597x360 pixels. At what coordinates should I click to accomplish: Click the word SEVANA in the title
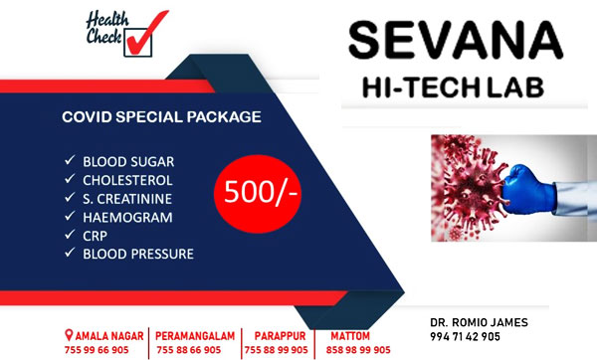pos(456,40)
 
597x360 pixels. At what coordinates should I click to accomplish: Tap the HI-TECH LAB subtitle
pos(453,88)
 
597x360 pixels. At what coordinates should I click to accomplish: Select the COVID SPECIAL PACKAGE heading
pos(161,116)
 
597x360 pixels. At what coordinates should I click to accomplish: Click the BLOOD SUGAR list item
pos(128,162)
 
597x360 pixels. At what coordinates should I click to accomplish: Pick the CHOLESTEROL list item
pos(127,180)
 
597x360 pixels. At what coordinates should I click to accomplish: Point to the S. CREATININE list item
pos(127,199)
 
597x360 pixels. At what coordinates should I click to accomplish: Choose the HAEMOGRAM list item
pos(127,218)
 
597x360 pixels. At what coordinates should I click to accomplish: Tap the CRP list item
pos(95,236)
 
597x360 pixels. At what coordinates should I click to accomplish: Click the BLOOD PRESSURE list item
pos(138,254)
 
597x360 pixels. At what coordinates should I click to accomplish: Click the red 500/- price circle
pos(258,193)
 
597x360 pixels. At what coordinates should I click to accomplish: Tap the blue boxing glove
pos(528,189)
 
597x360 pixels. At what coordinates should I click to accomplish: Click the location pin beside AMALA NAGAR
pos(69,335)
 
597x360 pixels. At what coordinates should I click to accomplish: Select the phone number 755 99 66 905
pos(97,350)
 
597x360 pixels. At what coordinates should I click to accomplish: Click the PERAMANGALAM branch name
pos(195,336)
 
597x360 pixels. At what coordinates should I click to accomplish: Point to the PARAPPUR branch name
pos(280,336)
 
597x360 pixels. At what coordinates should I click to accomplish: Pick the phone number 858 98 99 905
pos(358,350)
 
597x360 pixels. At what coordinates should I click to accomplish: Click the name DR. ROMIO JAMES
pos(479,322)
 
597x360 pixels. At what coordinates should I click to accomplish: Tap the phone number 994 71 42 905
pos(465,336)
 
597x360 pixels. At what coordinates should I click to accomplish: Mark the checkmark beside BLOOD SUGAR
pos(70,160)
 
